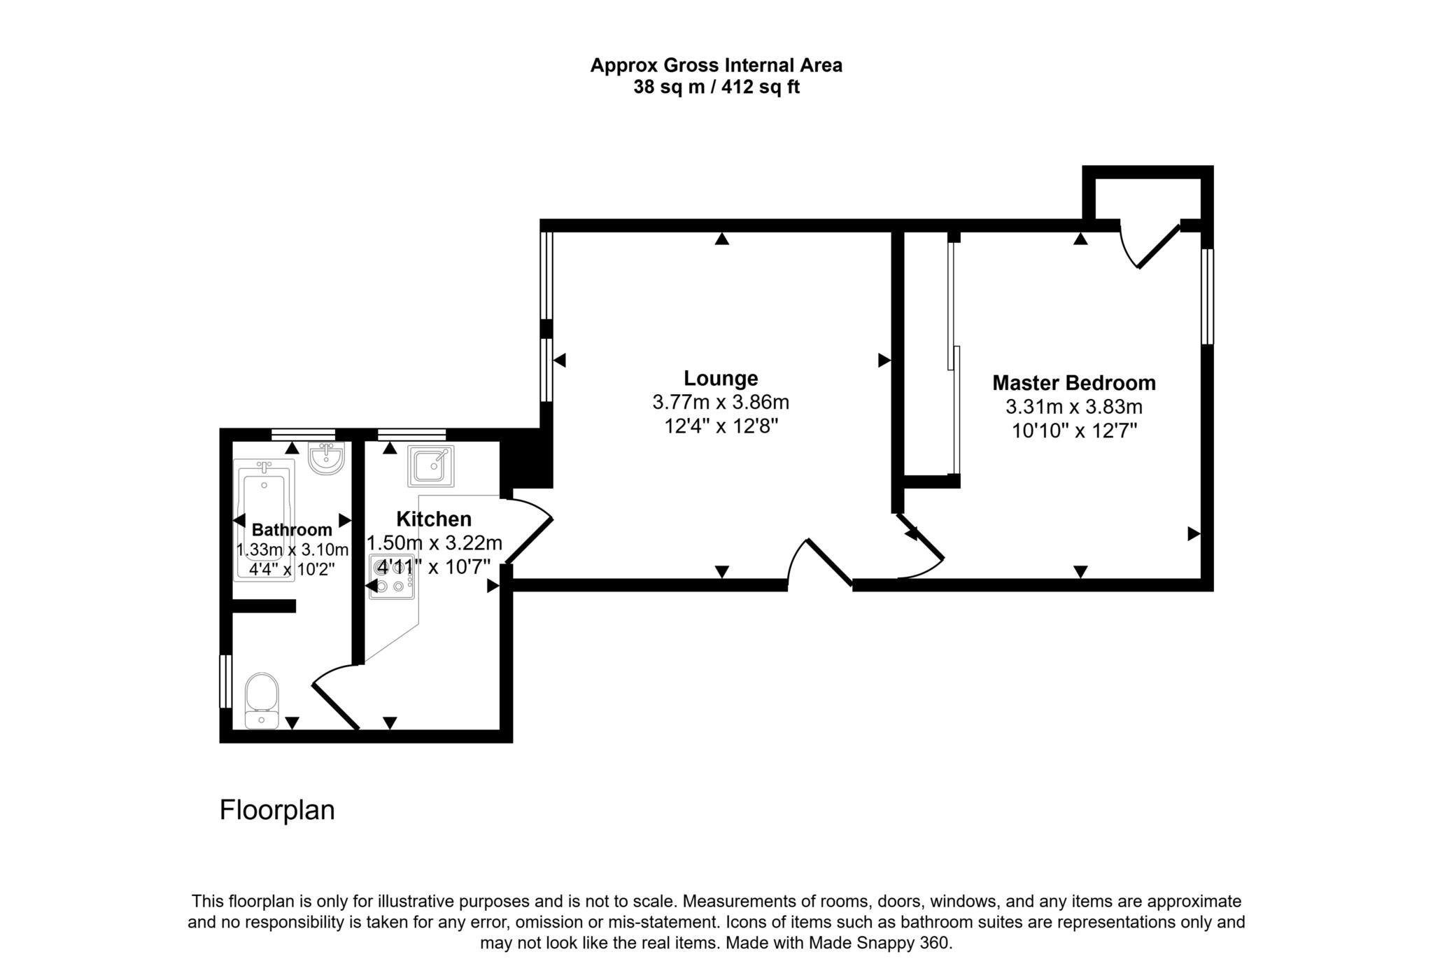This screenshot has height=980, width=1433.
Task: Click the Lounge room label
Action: tap(721, 379)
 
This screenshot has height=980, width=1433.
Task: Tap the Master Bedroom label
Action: tap(1074, 384)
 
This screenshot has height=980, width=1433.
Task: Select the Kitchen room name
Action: tap(434, 519)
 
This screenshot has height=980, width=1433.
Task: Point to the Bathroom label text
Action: tap(292, 530)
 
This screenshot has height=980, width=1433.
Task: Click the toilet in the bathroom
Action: tap(262, 701)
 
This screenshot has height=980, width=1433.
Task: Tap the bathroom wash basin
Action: tap(326, 458)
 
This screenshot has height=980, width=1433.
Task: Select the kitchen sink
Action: tap(431, 466)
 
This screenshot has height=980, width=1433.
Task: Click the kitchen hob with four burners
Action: tap(392, 577)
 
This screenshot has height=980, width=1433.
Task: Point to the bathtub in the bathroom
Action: tap(264, 520)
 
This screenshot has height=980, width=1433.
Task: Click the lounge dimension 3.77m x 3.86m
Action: tap(721, 402)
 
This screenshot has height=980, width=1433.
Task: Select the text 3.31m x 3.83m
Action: tap(1074, 407)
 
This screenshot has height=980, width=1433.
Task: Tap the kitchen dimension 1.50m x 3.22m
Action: tap(435, 543)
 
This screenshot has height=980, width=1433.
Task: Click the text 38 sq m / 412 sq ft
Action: tap(716, 87)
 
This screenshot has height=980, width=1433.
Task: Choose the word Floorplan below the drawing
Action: tap(277, 810)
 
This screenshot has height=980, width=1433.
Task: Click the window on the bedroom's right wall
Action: tap(1207, 297)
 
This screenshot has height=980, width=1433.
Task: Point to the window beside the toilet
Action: tap(225, 681)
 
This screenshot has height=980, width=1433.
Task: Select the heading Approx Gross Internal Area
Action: tap(716, 66)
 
